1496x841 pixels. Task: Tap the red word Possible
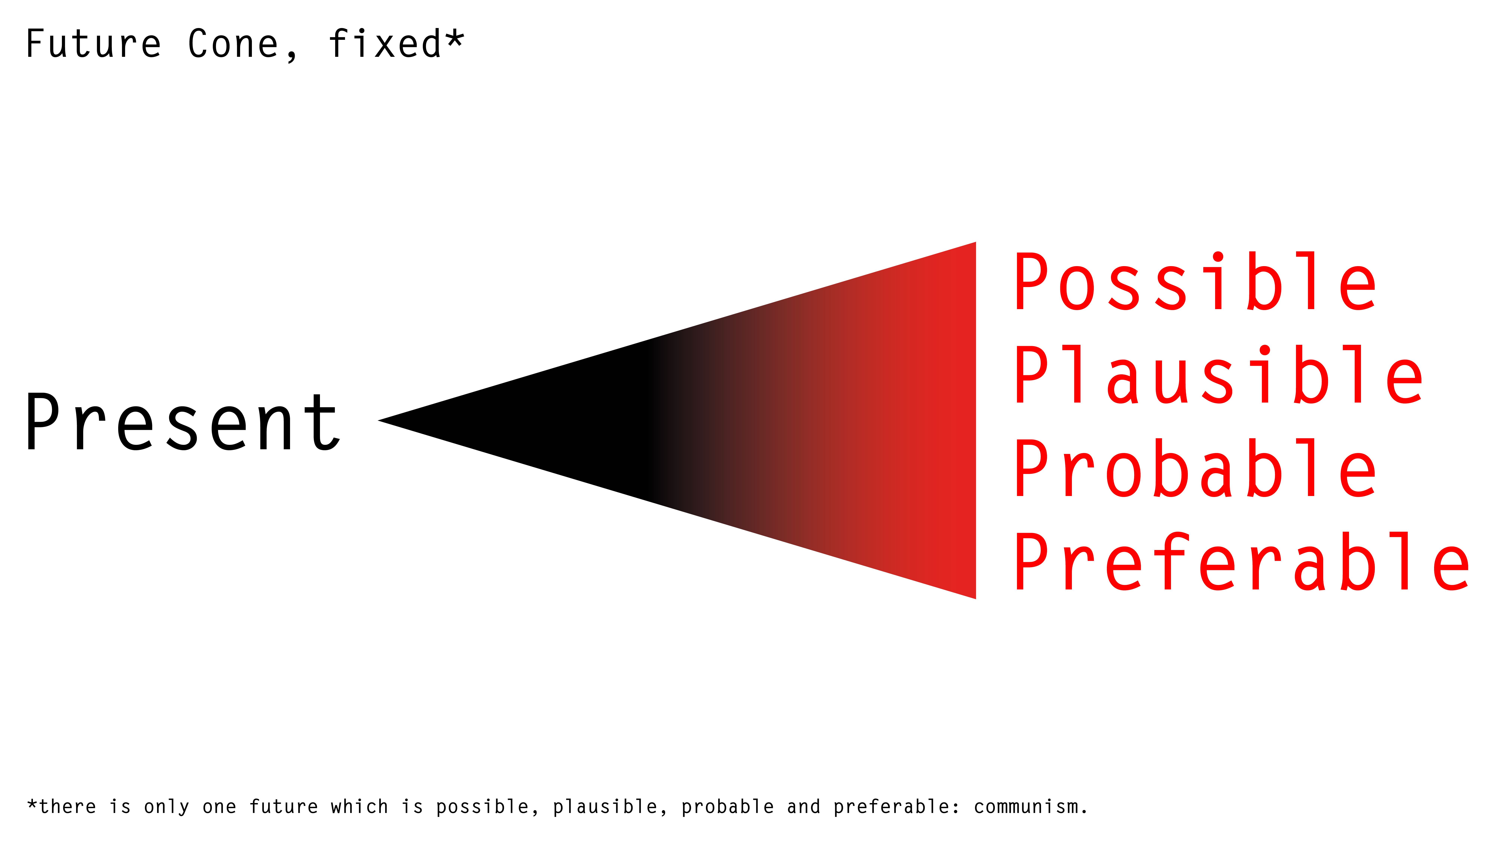tap(1195, 281)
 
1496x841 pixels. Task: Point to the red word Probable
tap(1195, 468)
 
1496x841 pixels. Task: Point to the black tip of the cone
tap(379, 420)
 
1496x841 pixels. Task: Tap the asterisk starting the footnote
tap(33, 804)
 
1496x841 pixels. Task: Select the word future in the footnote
tap(284, 807)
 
